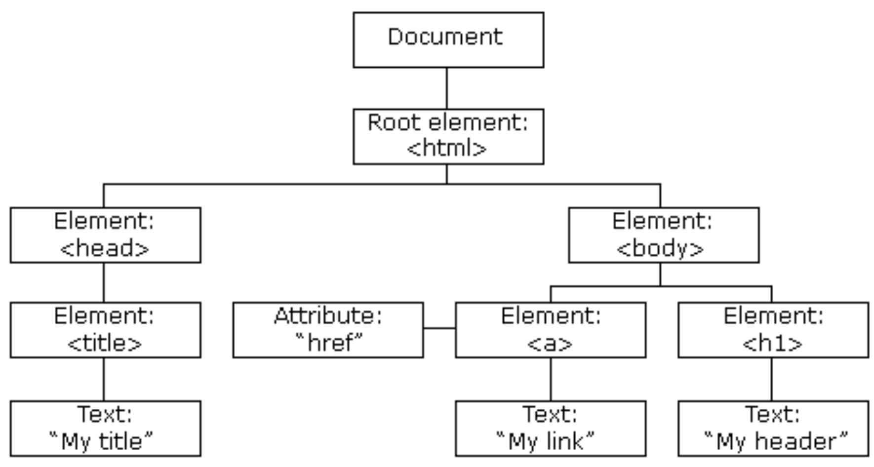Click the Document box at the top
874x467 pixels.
(x=448, y=40)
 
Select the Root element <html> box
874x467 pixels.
(x=448, y=137)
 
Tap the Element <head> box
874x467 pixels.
(x=105, y=235)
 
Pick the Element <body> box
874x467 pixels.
(x=663, y=235)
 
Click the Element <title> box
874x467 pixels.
(x=105, y=330)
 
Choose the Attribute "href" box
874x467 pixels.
(x=328, y=330)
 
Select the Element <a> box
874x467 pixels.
(x=550, y=330)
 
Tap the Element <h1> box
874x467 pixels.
(x=773, y=330)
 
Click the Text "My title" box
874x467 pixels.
(x=105, y=428)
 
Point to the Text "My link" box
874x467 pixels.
(x=550, y=428)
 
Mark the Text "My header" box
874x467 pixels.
(x=773, y=428)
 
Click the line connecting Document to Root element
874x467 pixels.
(x=447, y=88)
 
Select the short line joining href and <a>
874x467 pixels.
(x=439, y=328)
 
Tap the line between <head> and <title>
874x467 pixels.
(x=104, y=282)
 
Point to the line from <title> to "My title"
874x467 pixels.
(x=104, y=379)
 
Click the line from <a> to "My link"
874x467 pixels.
(x=551, y=379)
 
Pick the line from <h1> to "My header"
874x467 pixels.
(x=771, y=379)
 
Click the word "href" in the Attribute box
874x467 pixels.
(x=329, y=342)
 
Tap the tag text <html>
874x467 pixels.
(x=446, y=148)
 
